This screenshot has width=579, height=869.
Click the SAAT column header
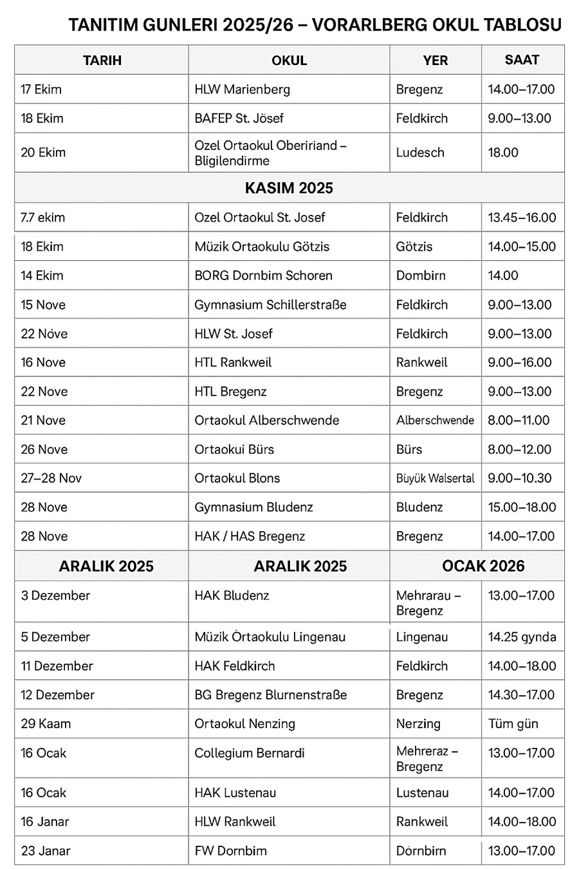(522, 60)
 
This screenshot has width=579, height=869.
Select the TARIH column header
(102, 61)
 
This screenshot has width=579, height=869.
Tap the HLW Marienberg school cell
(242, 89)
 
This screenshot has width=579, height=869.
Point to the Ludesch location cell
(420, 153)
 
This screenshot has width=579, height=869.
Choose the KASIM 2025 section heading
(289, 188)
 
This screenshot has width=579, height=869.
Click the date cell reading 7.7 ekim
(42, 218)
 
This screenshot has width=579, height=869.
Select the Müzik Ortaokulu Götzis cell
(262, 247)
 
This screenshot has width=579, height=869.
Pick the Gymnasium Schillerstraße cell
(270, 304)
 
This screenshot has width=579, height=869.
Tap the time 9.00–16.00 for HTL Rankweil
(520, 362)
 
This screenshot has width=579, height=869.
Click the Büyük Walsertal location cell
(436, 478)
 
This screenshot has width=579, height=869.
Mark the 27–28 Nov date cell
(51, 478)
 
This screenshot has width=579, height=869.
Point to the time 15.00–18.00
(522, 507)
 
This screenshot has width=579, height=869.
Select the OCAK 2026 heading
(483, 566)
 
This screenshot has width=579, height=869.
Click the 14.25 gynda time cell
(522, 637)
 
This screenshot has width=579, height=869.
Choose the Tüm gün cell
(513, 724)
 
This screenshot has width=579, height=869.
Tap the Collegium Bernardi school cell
(250, 753)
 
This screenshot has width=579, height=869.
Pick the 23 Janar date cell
(45, 851)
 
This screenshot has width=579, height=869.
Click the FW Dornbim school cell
(230, 851)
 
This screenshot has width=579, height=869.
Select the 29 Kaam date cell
(46, 724)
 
